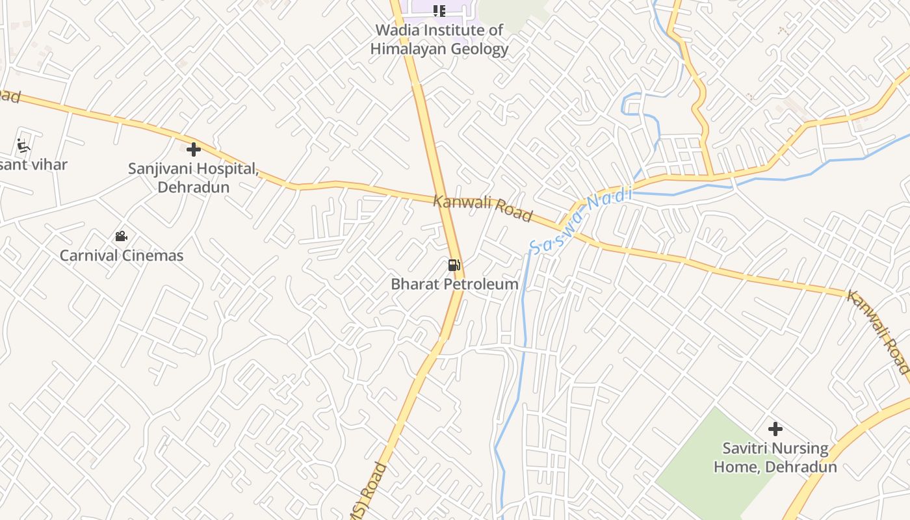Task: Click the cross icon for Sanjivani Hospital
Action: click(x=193, y=150)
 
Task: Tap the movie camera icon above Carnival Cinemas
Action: click(x=121, y=236)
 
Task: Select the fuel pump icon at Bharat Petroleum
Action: click(x=454, y=265)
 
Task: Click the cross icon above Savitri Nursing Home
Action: click(x=775, y=429)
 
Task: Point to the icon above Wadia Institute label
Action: click(x=439, y=10)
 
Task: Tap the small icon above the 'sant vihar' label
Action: click(x=24, y=145)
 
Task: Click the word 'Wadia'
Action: click(x=398, y=30)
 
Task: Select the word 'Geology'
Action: click(x=479, y=49)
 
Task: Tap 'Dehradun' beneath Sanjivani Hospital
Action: click(x=194, y=187)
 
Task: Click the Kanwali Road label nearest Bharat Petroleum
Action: click(x=482, y=207)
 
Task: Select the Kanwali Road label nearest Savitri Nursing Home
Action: click(x=877, y=331)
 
